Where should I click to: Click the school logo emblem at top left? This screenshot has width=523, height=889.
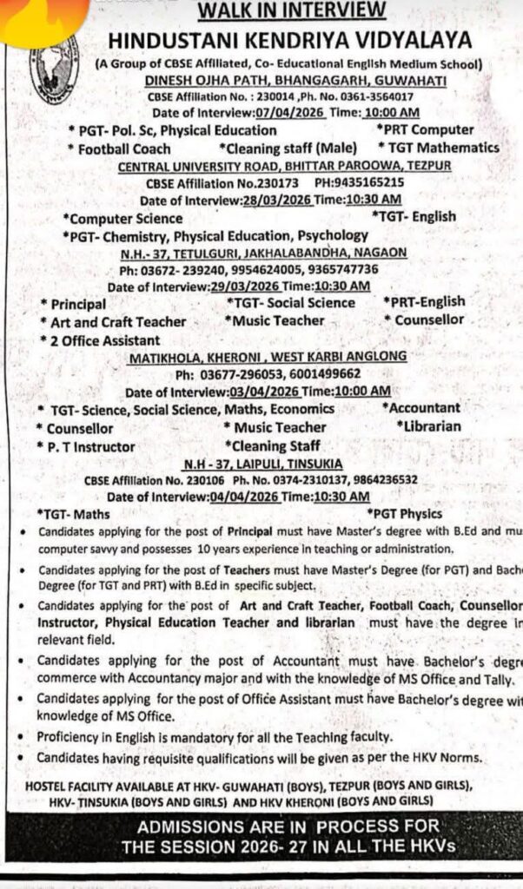tap(54, 67)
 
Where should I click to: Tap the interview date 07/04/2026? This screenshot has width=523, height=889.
tap(287, 113)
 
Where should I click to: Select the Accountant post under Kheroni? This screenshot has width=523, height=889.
tap(423, 407)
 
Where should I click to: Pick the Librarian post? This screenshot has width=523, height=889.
tap(430, 426)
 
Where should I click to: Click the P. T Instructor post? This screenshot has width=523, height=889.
tap(89, 446)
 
